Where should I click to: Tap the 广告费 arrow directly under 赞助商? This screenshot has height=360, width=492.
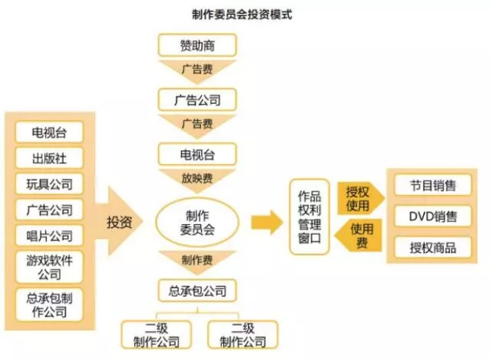click(x=197, y=69)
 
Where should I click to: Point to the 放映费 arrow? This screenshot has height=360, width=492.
click(x=197, y=177)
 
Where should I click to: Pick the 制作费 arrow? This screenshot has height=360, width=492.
click(x=197, y=259)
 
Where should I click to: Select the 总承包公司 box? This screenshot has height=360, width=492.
click(x=197, y=289)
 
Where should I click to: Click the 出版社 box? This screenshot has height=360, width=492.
click(x=49, y=158)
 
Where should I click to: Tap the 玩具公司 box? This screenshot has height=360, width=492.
click(x=49, y=184)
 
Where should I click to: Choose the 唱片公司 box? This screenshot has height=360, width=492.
click(x=49, y=236)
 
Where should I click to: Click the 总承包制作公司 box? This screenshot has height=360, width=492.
click(x=49, y=305)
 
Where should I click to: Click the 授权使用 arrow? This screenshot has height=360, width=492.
click(x=359, y=197)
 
